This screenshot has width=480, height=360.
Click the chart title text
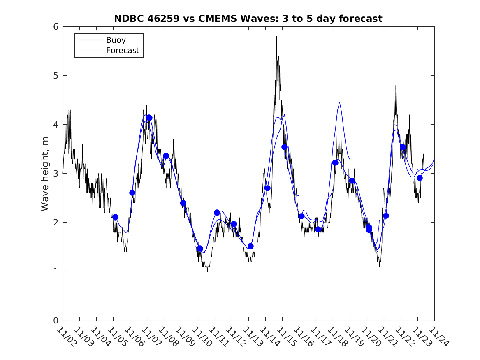(248, 19)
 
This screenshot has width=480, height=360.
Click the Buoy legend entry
(116, 40)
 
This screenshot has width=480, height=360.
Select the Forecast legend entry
(122, 51)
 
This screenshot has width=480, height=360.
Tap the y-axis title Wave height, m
(45, 174)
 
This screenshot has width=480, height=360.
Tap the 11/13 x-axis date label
(251, 337)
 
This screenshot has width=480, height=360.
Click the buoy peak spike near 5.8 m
(276, 37)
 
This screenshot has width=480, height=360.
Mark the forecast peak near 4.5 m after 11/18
(339, 102)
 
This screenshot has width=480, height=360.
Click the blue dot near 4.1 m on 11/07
(149, 118)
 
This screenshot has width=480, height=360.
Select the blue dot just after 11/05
(115, 217)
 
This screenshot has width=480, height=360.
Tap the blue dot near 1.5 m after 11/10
(200, 249)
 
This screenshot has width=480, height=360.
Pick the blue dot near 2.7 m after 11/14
(267, 188)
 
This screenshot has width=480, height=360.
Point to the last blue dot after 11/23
(420, 178)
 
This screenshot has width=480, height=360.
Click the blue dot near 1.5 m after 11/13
(250, 246)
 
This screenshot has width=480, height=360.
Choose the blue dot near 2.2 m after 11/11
(217, 213)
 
